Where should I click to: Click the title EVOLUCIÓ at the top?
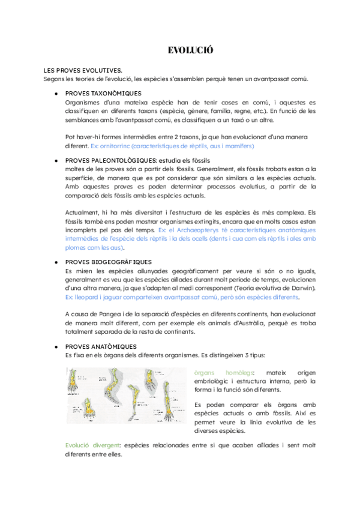point(191,50)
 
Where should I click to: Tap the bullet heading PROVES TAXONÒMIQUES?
point(103,94)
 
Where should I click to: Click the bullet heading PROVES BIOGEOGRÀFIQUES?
point(108,262)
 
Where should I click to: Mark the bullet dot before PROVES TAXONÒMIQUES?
point(55,94)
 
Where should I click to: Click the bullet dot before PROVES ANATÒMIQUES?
point(55,346)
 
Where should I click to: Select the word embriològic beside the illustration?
point(214,381)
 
